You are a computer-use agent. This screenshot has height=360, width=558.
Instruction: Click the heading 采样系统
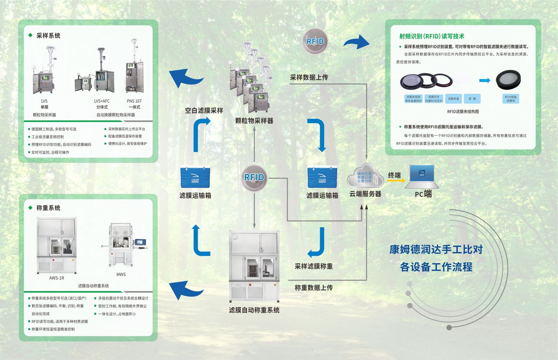point(48,36)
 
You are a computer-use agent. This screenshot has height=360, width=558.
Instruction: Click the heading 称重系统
point(48,208)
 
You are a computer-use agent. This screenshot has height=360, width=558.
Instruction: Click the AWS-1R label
point(56,278)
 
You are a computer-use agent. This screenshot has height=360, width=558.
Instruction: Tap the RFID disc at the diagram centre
point(254,178)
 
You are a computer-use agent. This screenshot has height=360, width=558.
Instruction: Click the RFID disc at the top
point(315,42)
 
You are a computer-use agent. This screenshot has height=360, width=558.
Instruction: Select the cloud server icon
point(365,176)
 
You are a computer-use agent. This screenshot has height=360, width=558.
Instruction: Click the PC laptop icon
point(423,176)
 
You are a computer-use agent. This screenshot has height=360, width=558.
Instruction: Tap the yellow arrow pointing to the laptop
point(396,181)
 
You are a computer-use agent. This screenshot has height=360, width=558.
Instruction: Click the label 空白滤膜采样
point(204,111)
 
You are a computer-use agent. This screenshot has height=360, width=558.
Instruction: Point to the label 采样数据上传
point(309,77)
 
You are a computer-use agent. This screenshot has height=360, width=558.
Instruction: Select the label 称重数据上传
point(314,288)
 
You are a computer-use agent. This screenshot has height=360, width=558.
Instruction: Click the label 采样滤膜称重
point(314,267)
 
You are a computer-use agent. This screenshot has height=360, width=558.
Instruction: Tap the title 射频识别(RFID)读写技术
point(432,36)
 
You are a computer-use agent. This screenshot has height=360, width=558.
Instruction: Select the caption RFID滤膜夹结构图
point(463,112)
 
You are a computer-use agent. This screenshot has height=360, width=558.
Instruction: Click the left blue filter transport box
point(195,178)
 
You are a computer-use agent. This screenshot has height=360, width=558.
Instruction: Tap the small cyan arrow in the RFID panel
point(484,81)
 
